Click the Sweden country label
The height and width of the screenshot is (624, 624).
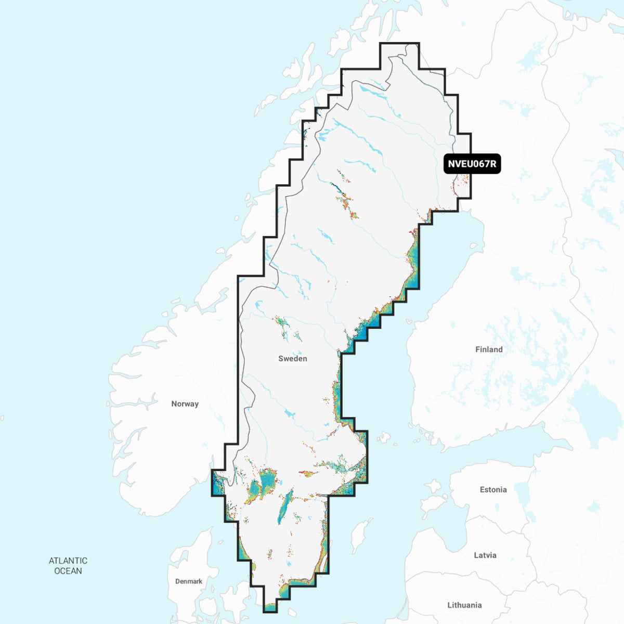(292, 358)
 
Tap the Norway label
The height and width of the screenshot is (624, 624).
(185, 404)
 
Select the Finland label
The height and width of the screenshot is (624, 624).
(489, 349)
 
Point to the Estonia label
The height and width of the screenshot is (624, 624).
(493, 489)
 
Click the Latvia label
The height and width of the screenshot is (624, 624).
(485, 555)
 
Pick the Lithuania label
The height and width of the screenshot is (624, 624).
(464, 605)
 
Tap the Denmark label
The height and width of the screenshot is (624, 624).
(188, 581)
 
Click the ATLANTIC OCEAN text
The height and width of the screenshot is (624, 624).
(68, 566)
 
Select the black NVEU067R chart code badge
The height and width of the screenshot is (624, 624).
(472, 164)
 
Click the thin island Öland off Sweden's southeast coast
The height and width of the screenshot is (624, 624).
(323, 562)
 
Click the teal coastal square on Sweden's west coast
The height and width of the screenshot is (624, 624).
(217, 483)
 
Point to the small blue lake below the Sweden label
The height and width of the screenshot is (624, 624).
(289, 414)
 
